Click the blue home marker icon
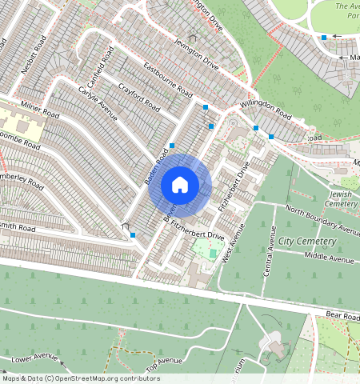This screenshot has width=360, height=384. (180, 186)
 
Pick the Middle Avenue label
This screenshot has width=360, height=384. (329, 258)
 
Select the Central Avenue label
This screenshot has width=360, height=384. (270, 251)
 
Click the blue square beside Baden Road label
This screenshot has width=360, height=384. (172, 146)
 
